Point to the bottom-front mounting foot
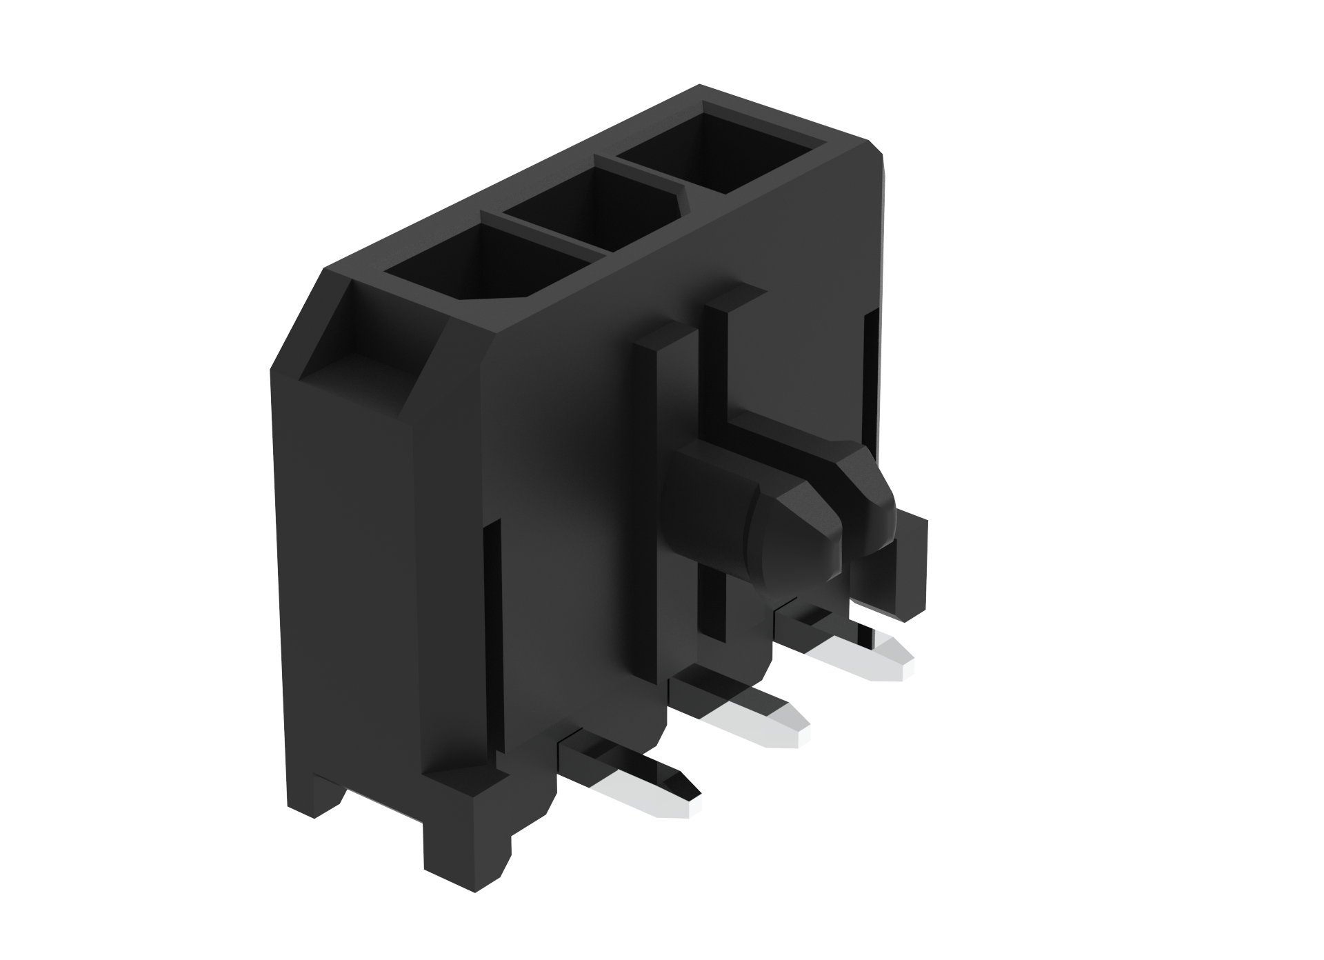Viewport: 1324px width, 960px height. coord(469,841)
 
